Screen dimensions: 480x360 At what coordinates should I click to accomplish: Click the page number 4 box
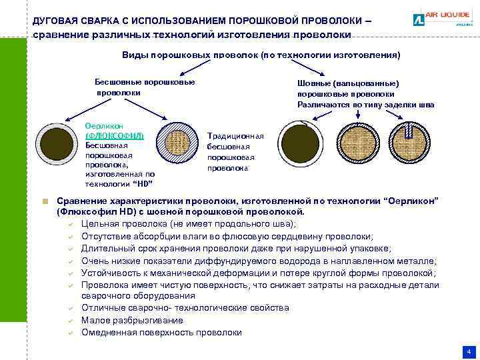tap(469, 351)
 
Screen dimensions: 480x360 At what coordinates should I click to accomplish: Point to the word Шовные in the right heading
tap(314, 84)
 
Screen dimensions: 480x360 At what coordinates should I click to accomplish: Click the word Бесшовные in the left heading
tap(119, 82)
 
